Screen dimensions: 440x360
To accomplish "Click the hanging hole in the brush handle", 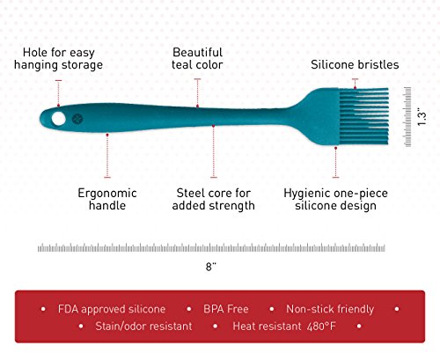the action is click(x=59, y=119).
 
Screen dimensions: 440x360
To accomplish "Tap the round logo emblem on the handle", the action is click(x=77, y=119).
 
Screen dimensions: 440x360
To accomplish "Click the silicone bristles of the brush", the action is click(x=364, y=116).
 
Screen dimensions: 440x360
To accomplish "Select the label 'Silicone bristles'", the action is click(x=355, y=64).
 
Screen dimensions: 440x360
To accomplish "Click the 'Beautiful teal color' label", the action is click(x=197, y=59).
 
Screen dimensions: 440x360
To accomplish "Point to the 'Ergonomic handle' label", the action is click(x=107, y=199).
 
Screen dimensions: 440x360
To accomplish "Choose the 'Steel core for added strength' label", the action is click(x=213, y=199).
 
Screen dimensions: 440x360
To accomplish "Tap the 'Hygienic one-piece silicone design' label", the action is click(x=335, y=199).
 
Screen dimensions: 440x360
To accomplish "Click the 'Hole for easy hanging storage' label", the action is click(x=58, y=59).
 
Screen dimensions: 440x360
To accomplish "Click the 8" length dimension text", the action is click(x=211, y=267).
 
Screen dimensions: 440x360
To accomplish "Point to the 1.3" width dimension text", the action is click(x=422, y=118).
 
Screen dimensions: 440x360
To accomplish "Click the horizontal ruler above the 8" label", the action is click(x=211, y=248).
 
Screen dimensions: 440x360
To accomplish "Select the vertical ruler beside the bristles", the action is click(x=407, y=117).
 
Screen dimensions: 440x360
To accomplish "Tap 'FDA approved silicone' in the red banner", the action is click(x=112, y=309).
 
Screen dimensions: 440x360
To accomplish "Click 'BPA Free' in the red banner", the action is click(x=226, y=309).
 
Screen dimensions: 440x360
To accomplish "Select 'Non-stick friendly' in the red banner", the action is click(x=330, y=309).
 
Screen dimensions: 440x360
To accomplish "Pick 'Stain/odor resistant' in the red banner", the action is click(x=143, y=326).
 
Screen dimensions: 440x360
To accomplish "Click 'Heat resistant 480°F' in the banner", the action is click(x=284, y=326).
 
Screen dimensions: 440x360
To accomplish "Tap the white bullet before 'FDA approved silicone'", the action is click(x=43, y=309).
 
